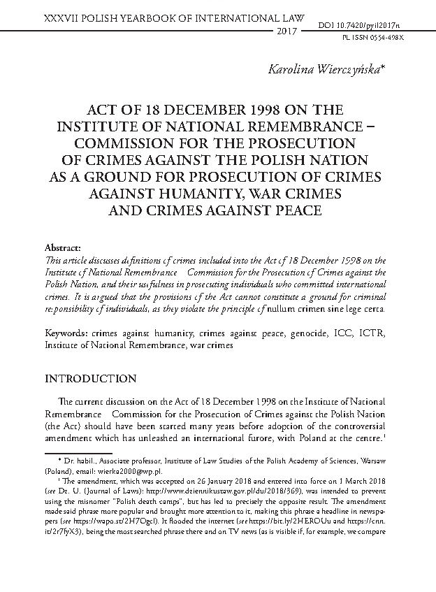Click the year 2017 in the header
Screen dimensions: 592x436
(x=288, y=32)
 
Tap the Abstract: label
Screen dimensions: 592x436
(x=63, y=247)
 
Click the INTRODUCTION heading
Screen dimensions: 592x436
(x=90, y=379)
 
